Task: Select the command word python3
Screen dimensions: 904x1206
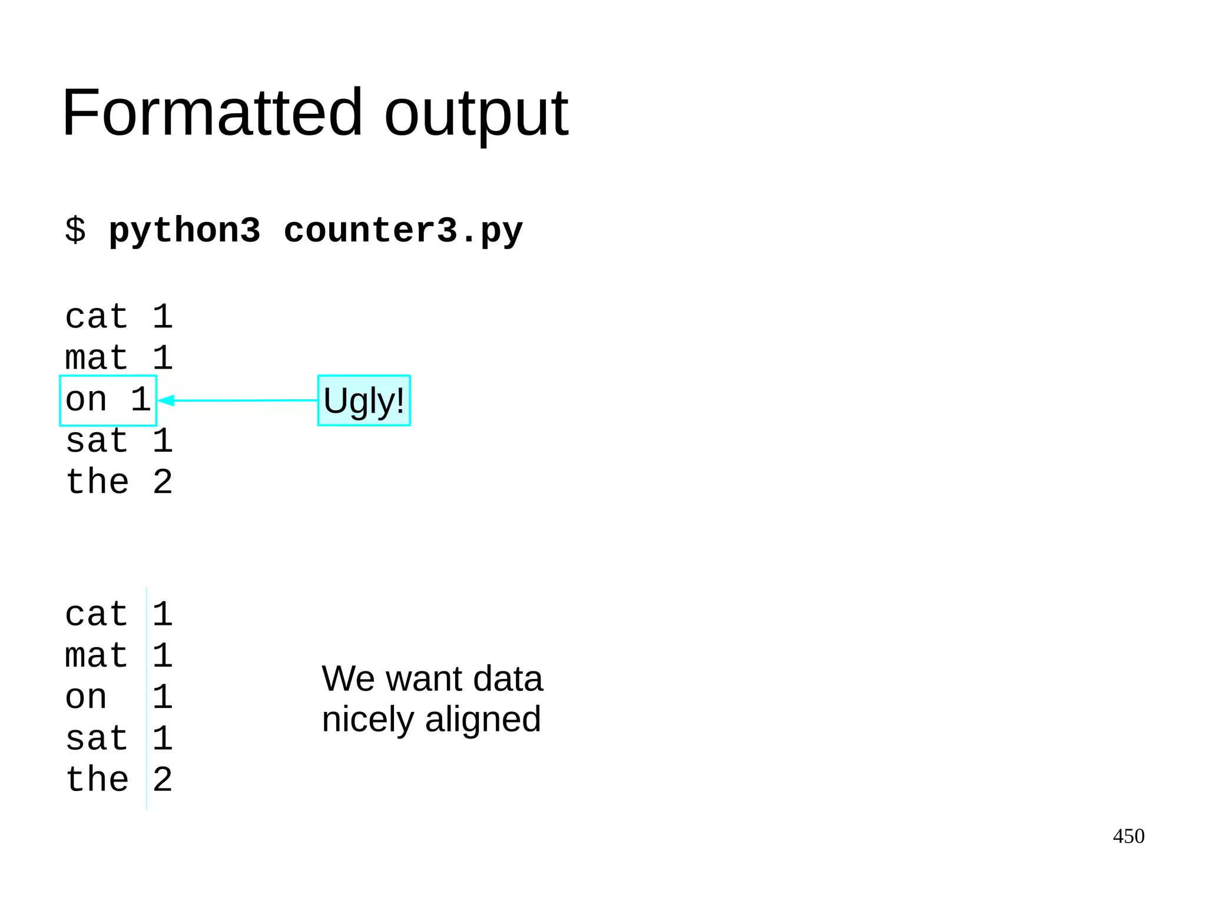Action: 184,230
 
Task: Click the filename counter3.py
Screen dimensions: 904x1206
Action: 403,230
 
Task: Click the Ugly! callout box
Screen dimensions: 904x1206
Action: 364,400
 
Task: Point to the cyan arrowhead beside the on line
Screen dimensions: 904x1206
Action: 166,400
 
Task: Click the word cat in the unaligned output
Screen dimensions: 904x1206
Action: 97,317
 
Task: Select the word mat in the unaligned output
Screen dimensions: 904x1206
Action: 97,358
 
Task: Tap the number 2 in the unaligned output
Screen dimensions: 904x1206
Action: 163,482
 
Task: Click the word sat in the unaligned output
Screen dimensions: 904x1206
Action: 97,441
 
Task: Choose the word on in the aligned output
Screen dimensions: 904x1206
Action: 86,697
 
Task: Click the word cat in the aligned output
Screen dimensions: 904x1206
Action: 97,614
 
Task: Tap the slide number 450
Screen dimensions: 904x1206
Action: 1128,836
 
